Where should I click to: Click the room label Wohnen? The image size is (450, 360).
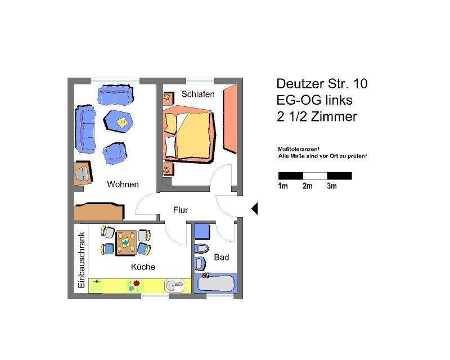[x=123, y=184]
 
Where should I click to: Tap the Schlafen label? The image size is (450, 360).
[x=197, y=94]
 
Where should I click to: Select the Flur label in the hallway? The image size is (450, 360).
[x=181, y=210]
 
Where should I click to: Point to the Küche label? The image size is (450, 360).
[x=143, y=267]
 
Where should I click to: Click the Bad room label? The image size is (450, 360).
[x=222, y=258]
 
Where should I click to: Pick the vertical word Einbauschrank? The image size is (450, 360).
[x=82, y=260]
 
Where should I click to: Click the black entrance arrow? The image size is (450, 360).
[x=254, y=209]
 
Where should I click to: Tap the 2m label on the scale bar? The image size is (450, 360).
[x=307, y=186]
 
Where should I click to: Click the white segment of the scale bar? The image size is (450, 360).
[x=315, y=175]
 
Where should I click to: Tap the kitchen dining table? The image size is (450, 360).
[x=125, y=242]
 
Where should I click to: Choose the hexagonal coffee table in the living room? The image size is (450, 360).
[x=119, y=120]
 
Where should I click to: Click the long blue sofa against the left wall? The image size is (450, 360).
[x=85, y=128]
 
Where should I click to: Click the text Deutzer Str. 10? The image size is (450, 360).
[x=322, y=84]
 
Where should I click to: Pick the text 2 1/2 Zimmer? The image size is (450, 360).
[x=317, y=117]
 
